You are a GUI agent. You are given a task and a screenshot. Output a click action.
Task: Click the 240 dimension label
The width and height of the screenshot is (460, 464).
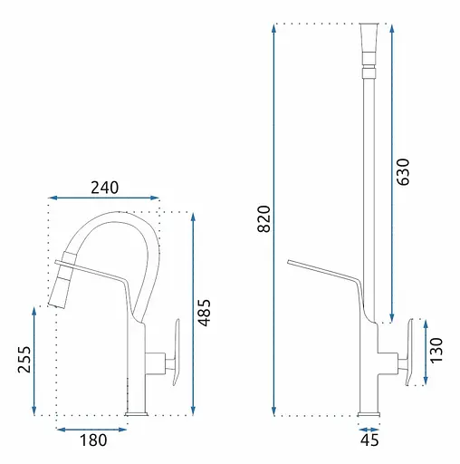pyautogui.click(x=105, y=188)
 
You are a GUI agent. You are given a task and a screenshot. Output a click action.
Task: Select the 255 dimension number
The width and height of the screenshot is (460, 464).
pyautogui.click(x=24, y=359)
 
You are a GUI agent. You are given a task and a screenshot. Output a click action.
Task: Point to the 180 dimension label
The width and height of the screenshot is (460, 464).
pyautogui.click(x=93, y=440)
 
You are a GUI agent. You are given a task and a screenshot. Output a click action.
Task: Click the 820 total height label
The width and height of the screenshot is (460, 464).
pyautogui.click(x=264, y=218)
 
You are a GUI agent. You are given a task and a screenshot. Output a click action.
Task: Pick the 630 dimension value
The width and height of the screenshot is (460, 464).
pyautogui.click(x=403, y=171)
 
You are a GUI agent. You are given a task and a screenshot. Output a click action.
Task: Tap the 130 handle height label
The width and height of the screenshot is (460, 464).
pyautogui.click(x=436, y=351)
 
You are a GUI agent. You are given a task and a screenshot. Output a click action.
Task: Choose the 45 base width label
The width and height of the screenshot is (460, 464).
pyautogui.click(x=369, y=440)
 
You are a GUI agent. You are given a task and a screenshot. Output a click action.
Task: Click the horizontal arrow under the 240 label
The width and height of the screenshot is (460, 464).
pyautogui.click(x=103, y=198)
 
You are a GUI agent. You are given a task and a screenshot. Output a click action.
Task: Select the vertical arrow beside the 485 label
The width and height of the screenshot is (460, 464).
pyautogui.click(x=194, y=314)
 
